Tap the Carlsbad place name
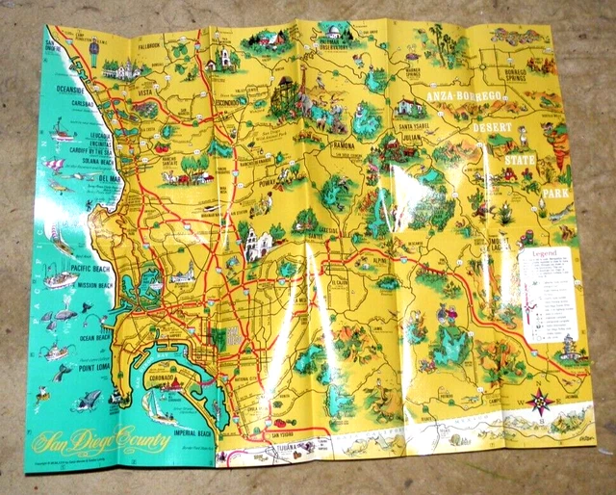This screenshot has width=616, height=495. [78, 104]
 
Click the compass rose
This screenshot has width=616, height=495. [541, 397]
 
